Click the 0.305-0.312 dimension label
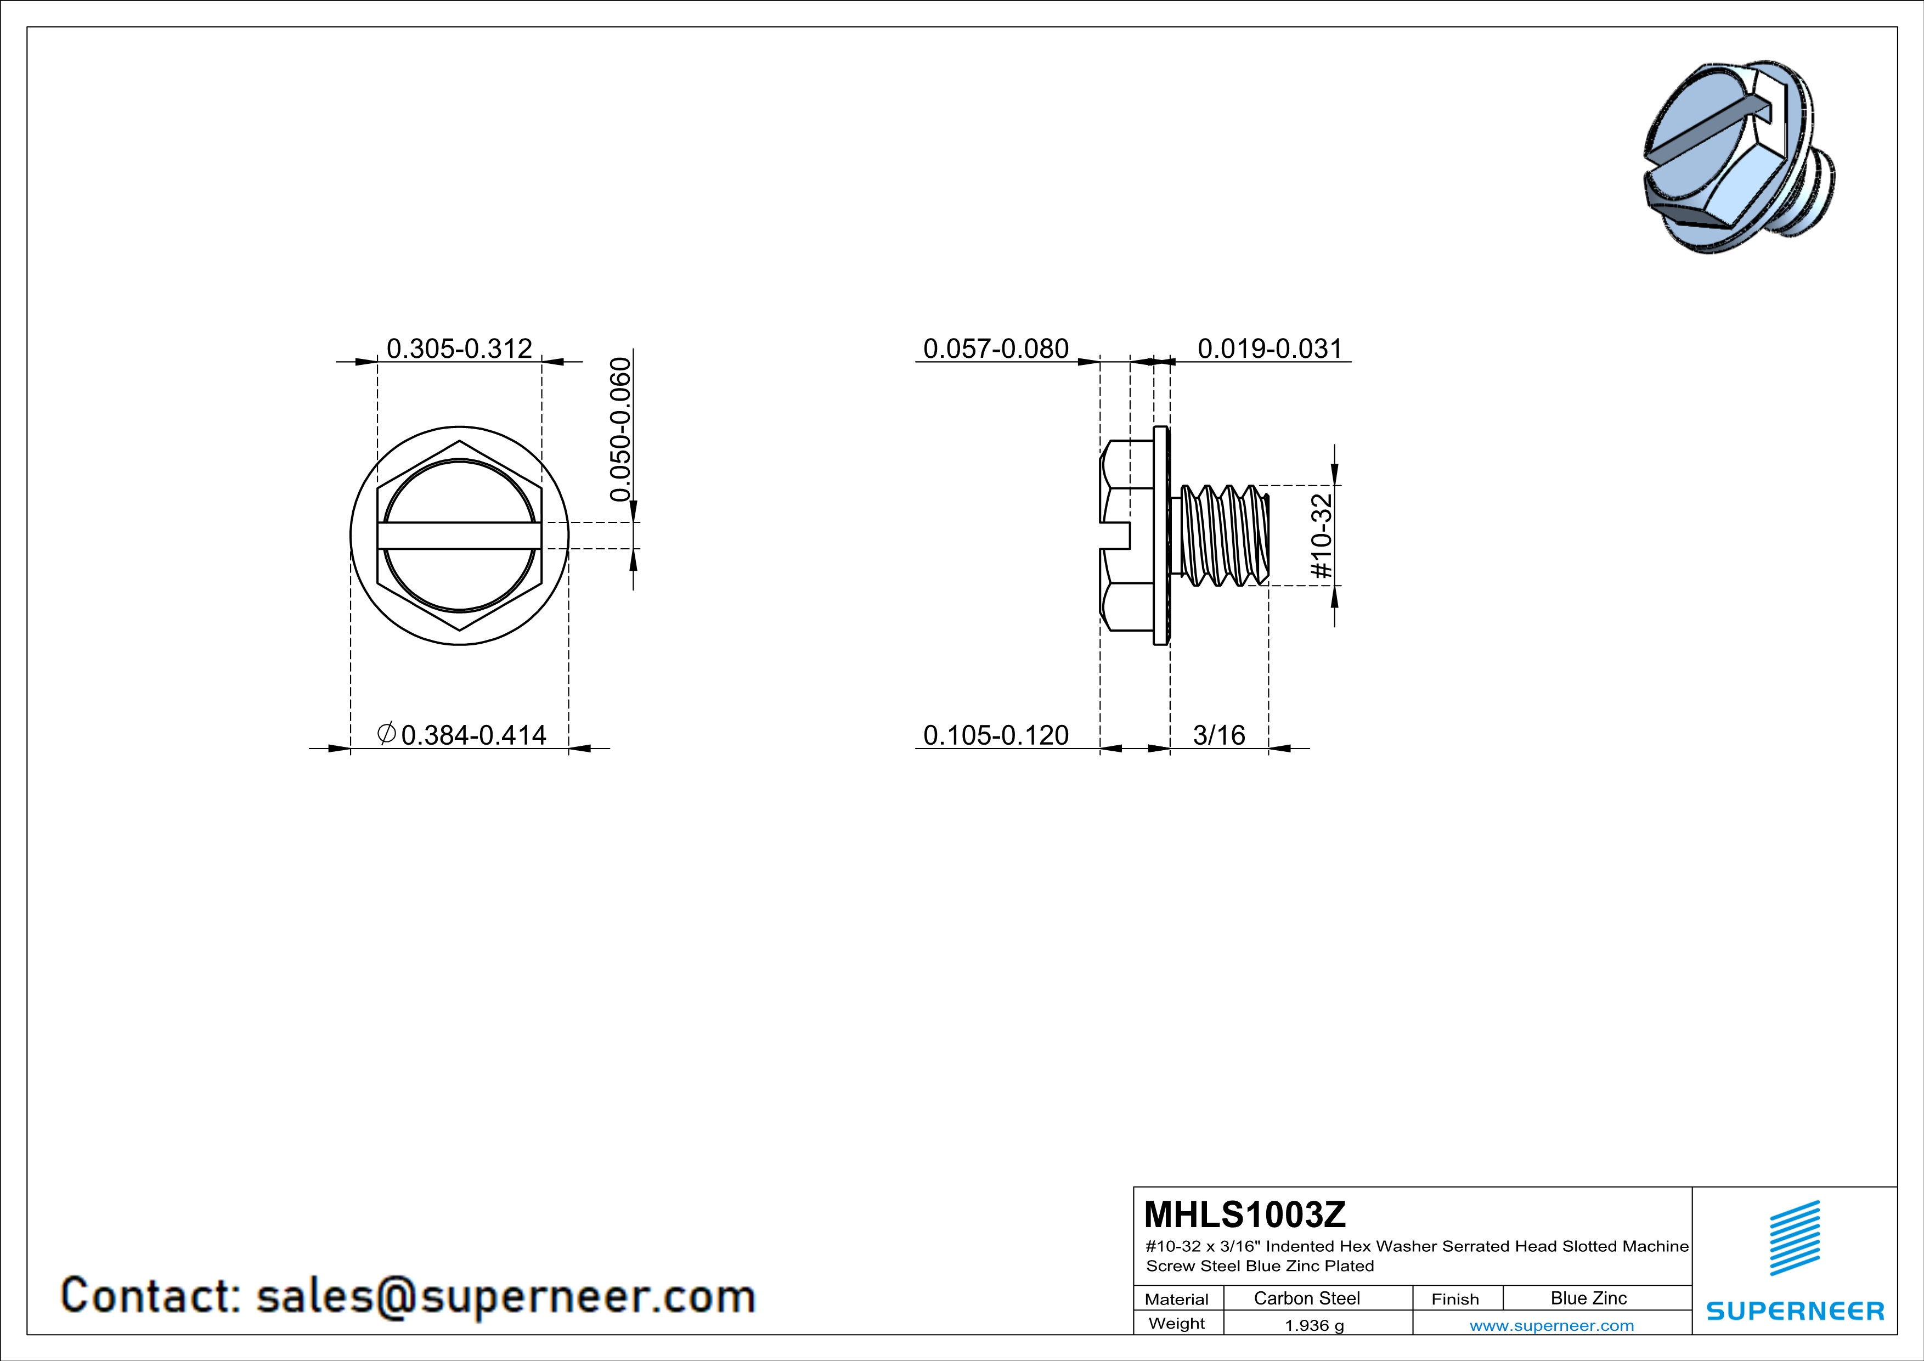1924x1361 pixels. point(459,348)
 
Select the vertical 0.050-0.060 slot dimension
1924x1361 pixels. point(620,429)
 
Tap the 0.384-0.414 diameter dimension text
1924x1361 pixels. point(473,735)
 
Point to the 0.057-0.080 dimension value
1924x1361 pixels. point(996,348)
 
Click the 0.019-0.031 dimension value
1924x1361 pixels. point(1269,348)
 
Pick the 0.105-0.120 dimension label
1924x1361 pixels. point(996,735)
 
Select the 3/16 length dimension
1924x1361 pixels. point(1218,735)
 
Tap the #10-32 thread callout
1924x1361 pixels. point(1322,536)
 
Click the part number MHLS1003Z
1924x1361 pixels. point(1244,1214)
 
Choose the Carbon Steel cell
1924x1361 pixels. point(1306,1298)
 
